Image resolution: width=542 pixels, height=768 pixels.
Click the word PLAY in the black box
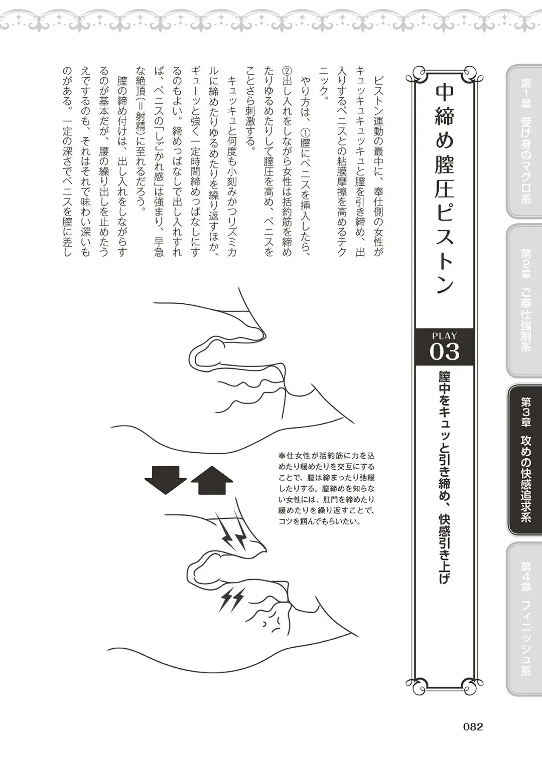pyautogui.click(x=444, y=336)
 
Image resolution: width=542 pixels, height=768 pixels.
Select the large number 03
pyautogui.click(x=444, y=351)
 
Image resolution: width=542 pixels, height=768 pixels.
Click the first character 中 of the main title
pyautogui.click(x=445, y=94)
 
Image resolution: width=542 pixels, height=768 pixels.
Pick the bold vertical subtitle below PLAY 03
pyautogui.click(x=444, y=476)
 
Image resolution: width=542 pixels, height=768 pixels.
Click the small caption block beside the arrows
pyautogui.click(x=326, y=488)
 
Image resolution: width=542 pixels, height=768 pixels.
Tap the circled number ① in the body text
pyautogui.click(x=305, y=132)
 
